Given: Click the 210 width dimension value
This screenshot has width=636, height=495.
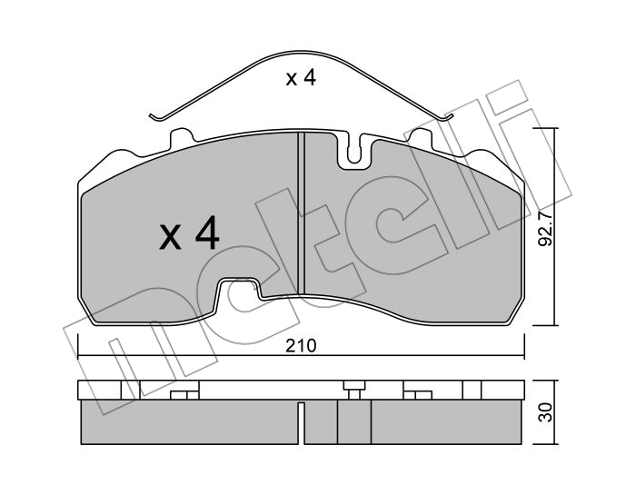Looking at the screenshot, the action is point(301,346).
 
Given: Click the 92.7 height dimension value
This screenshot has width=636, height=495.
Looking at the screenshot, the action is point(545,230).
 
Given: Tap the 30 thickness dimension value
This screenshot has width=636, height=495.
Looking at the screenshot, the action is point(546,412).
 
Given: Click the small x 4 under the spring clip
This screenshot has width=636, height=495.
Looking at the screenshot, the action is point(301,78).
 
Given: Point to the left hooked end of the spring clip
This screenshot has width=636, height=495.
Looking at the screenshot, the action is point(155,117).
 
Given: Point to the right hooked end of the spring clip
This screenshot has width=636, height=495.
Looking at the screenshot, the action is point(447,118).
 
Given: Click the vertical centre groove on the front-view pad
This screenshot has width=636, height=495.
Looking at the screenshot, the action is point(301,213).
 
